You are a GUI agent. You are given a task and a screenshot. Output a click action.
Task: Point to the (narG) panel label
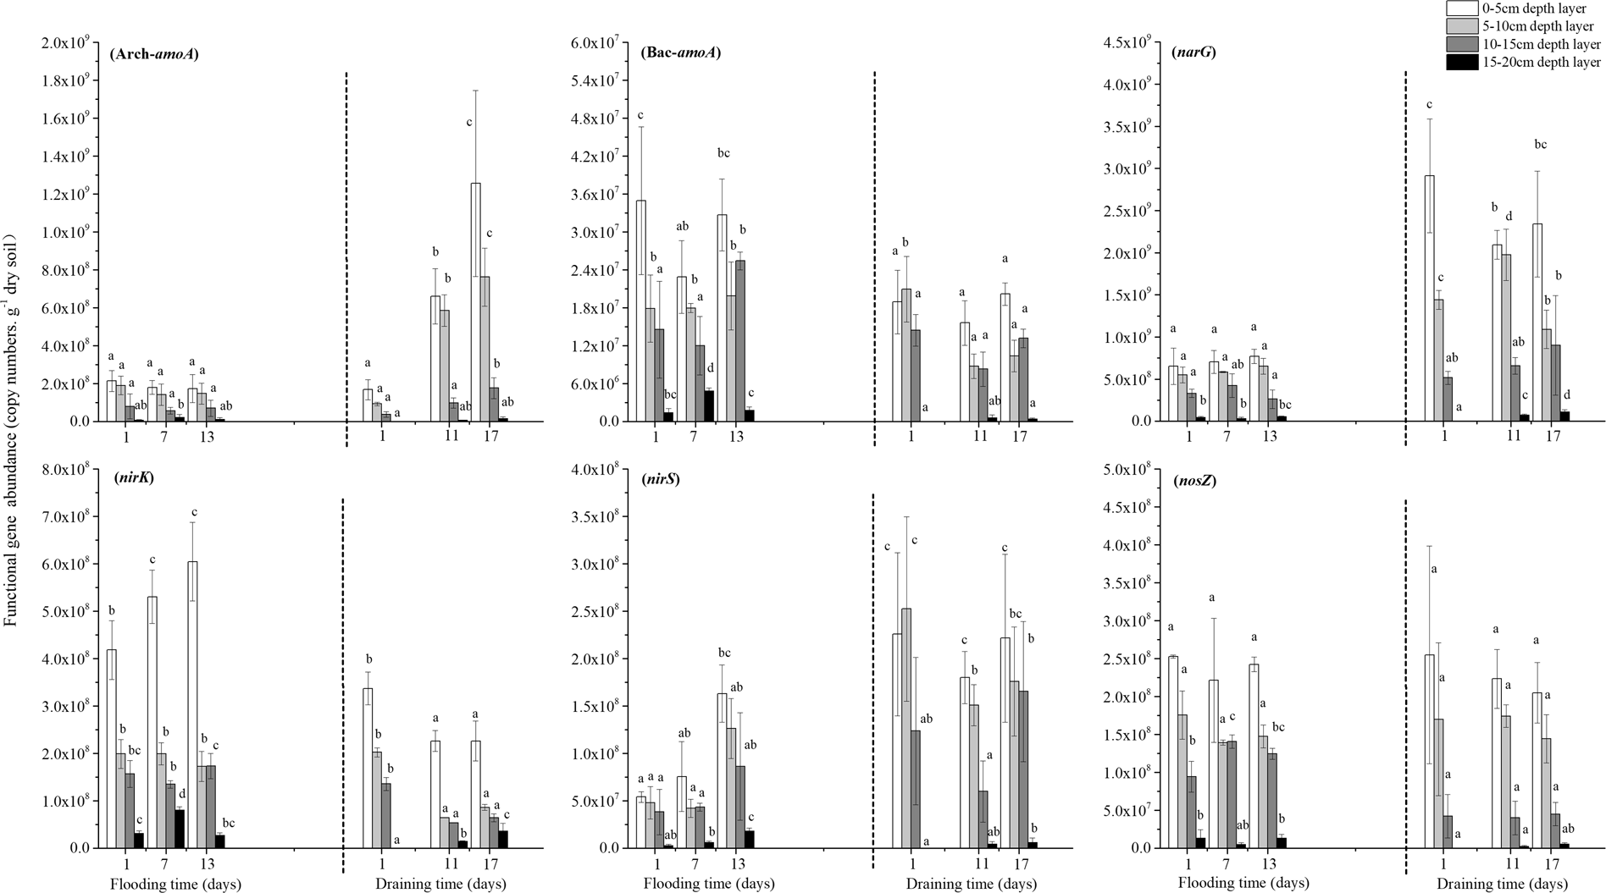pos(1193,52)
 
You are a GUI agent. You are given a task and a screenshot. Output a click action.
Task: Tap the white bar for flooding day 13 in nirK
pos(193,703)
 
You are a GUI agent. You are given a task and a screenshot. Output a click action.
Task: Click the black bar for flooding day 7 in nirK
pos(180,829)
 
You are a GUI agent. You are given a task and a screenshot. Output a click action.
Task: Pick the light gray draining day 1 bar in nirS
pos(906,727)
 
